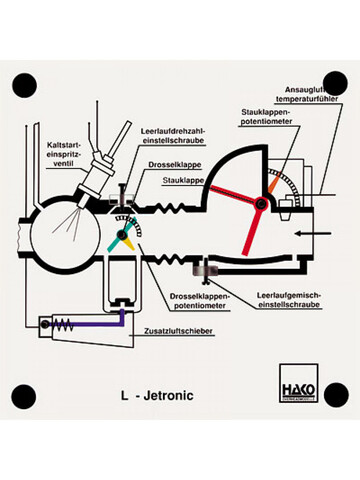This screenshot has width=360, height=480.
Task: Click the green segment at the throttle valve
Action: pyautogui.click(x=116, y=241)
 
